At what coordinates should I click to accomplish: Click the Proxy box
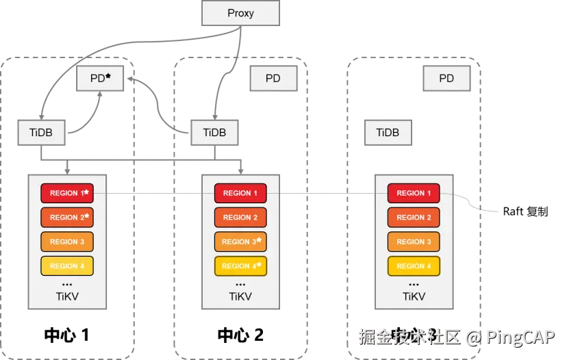pyautogui.click(x=240, y=14)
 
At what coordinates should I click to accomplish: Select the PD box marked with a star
pyautogui.click(x=100, y=79)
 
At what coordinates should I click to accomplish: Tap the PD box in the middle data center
pyautogui.click(x=273, y=79)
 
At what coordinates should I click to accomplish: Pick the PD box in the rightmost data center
pyautogui.click(x=446, y=79)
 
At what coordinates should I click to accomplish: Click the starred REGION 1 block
pyautogui.click(x=67, y=193)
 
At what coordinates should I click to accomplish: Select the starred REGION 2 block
pyautogui.click(x=67, y=217)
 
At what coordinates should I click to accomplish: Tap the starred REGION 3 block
pyautogui.click(x=240, y=242)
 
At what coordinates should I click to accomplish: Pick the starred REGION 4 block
pyautogui.click(x=240, y=266)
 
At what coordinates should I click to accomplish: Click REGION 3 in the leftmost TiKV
pyautogui.click(x=67, y=242)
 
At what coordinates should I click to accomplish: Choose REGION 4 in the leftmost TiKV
pyautogui.click(x=67, y=266)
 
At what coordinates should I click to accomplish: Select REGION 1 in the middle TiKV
pyautogui.click(x=240, y=193)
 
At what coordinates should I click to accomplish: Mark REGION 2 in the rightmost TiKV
pyautogui.click(x=414, y=217)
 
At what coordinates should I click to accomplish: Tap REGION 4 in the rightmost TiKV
pyautogui.click(x=414, y=266)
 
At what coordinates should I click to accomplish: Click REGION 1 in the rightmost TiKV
pyautogui.click(x=414, y=193)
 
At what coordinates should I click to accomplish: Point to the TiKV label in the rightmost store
pyautogui.click(x=414, y=297)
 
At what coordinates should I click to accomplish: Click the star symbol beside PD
pyautogui.click(x=108, y=77)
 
